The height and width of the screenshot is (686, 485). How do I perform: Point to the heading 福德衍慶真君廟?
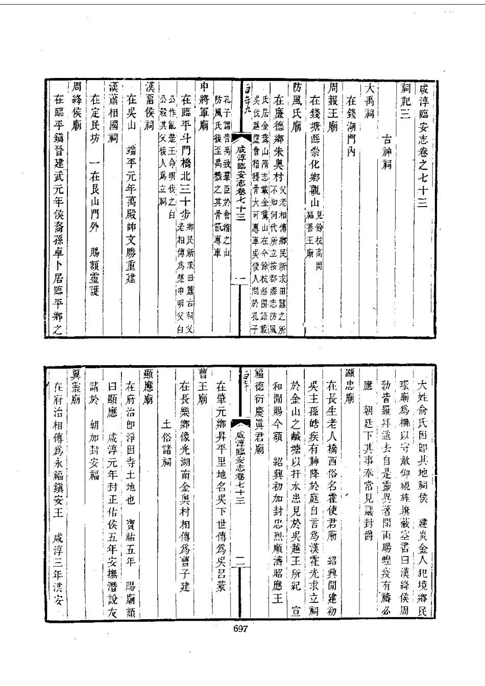pyautogui.click(x=258, y=418)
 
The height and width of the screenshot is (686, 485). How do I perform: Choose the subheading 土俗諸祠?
pyautogui.click(x=165, y=439)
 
